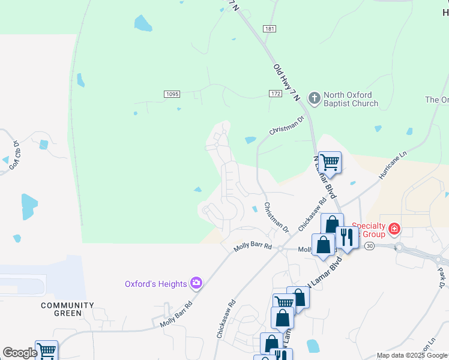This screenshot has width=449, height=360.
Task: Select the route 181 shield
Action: click(269, 28)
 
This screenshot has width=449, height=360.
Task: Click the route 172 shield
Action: click(275, 94)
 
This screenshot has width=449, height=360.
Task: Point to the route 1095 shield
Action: click(172, 94)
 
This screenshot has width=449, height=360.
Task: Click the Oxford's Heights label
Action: click(155, 284)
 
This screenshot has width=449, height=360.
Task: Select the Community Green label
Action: click(67, 309)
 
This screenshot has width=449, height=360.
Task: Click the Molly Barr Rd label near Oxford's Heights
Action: click(176, 314)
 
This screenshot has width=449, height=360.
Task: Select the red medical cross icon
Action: click(394, 229)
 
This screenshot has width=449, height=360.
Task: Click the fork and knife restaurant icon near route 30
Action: click(346, 238)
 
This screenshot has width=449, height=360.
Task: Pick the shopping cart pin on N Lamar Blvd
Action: click(329, 162)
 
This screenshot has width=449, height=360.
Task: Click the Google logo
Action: click(20, 353)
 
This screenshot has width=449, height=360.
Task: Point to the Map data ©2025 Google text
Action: click(412, 355)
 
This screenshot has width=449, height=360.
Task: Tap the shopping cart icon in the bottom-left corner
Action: click(46, 350)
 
